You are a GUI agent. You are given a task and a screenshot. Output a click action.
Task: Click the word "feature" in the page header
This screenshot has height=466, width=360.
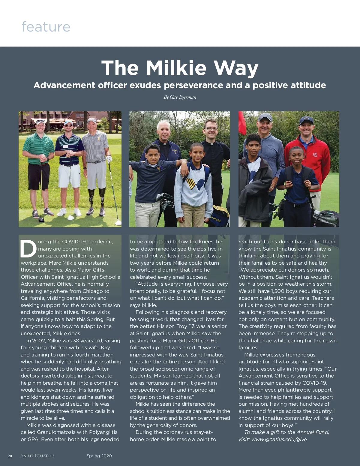[46, 27]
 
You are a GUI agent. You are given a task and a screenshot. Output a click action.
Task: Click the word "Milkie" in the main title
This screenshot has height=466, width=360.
[176, 68]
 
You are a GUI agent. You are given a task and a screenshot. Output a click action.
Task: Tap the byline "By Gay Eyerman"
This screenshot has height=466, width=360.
[180, 97]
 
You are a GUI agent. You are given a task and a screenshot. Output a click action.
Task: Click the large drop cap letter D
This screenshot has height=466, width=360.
[28, 249]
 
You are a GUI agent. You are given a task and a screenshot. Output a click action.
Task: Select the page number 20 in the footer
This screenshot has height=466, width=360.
[10, 456]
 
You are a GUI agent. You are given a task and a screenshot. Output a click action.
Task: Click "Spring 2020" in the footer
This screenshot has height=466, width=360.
[99, 456]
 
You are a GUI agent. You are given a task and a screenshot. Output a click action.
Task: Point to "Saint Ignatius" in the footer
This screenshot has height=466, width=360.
[38, 456]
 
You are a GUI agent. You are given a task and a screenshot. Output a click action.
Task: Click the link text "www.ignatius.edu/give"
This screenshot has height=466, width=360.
[279, 439]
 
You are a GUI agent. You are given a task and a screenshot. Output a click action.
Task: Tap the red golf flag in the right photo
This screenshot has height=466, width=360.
[242, 123]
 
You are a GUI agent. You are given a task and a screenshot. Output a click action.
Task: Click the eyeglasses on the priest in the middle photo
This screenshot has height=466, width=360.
[211, 129]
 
